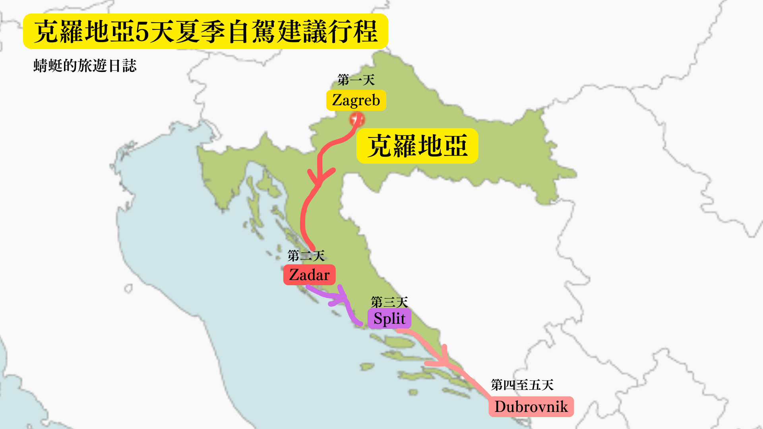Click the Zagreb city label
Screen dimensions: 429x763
tap(356, 100)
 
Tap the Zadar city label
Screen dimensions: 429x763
tap(309, 275)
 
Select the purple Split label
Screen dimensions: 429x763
tap(389, 319)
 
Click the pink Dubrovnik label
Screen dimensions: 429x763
tap(531, 407)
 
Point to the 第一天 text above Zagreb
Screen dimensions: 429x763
tap(356, 80)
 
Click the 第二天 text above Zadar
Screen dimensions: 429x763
tap(306, 255)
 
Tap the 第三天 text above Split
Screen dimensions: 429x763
tap(389, 302)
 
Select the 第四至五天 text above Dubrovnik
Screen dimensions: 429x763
tap(522, 385)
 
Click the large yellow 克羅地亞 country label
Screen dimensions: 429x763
tap(417, 146)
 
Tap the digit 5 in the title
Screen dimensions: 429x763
tap(142, 32)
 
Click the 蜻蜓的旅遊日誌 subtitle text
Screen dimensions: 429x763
tap(85, 66)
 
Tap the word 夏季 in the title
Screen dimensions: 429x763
tap(201, 32)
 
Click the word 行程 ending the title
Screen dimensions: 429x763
tap(352, 32)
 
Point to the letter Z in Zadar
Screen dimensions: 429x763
tap(294, 275)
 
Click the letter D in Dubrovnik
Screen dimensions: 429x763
tap(500, 407)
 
